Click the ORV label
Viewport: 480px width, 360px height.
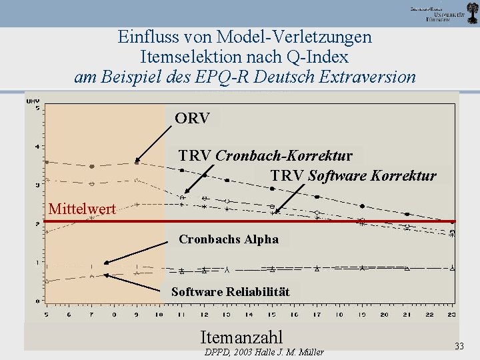pos(192,119)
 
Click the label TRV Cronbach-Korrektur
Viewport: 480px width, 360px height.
pos(265,156)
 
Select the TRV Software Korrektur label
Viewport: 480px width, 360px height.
pos(353,176)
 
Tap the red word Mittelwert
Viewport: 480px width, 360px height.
pos(82,209)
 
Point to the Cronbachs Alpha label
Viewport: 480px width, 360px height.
pos(229,239)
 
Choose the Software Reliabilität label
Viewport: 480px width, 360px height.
pos(230,292)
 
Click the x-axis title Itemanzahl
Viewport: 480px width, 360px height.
pos(241,337)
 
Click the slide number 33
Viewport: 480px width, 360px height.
pos(459,345)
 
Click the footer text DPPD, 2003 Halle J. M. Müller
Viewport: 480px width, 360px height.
pos(263,352)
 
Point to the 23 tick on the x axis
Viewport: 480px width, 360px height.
pos(451,314)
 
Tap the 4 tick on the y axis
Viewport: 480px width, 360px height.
pos(37,147)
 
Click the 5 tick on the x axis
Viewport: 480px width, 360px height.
pos(46,314)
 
